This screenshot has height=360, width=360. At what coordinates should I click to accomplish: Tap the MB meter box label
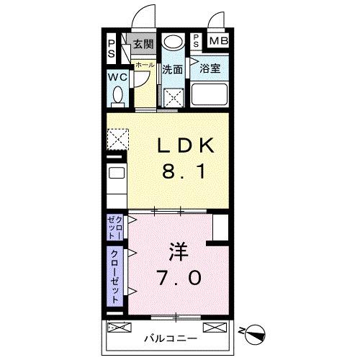tap(218, 41)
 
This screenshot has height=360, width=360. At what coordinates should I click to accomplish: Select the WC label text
tap(117, 77)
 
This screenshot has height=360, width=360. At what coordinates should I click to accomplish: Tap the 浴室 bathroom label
tap(210, 70)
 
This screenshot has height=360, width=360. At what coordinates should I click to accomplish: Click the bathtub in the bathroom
tap(209, 95)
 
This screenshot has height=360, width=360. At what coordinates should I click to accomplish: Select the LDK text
tap(186, 146)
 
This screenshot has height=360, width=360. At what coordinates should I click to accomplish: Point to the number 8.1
tap(186, 173)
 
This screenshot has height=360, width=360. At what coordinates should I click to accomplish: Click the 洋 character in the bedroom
tap(179, 252)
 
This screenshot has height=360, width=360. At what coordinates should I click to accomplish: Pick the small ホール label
tap(144, 65)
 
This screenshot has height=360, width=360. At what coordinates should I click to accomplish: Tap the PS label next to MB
tap(197, 41)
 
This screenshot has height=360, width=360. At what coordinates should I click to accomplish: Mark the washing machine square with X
tap(173, 96)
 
